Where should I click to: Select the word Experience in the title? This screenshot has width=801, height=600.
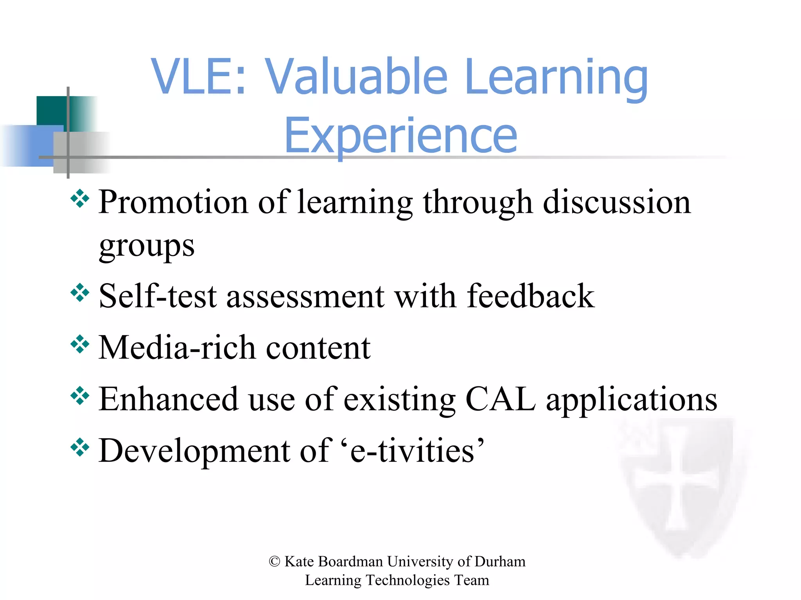[400, 136]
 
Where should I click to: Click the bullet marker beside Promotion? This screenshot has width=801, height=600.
[80, 198]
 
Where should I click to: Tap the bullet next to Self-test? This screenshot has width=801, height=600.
[80, 293]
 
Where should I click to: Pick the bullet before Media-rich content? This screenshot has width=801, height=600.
[80, 344]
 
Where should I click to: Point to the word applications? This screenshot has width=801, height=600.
[631, 400]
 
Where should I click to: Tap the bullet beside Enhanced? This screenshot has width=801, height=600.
[80, 396]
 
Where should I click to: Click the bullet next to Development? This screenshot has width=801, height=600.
[80, 447]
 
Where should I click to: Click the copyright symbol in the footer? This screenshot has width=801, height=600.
[274, 562]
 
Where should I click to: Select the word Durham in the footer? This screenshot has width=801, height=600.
[500, 562]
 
